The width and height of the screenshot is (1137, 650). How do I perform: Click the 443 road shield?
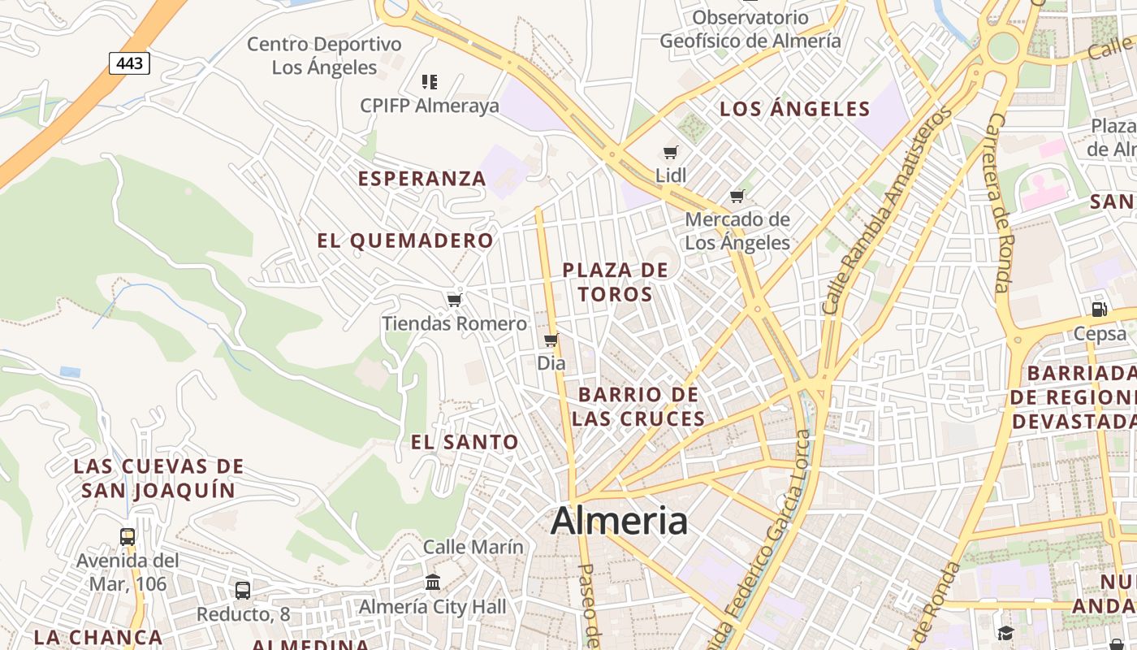(x=129, y=63)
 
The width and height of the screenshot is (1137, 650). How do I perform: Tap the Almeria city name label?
(x=619, y=521)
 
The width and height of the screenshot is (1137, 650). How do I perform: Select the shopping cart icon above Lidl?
(x=671, y=153)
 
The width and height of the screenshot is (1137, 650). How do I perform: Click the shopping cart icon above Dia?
(x=551, y=340)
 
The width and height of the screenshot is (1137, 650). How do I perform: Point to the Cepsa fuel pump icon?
(x=1100, y=310)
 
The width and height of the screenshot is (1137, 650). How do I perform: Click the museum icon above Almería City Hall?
(x=433, y=583)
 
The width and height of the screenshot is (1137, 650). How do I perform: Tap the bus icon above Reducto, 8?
(x=243, y=591)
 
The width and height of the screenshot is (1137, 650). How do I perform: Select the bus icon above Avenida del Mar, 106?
(x=128, y=537)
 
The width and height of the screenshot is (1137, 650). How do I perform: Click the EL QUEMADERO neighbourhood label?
(x=405, y=240)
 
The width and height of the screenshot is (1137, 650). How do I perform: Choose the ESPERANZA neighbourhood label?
(x=422, y=179)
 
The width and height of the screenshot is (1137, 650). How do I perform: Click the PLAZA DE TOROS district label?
(x=616, y=282)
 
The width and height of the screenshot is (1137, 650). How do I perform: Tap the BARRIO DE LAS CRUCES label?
(x=638, y=406)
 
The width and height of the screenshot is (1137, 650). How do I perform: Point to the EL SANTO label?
(x=465, y=442)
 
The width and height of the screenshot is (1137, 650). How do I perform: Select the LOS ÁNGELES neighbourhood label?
(x=795, y=109)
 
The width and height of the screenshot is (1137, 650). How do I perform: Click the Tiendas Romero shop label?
(x=454, y=323)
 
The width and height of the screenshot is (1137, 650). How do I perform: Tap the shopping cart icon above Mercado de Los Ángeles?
(x=737, y=196)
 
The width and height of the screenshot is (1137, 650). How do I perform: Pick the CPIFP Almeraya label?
(x=430, y=106)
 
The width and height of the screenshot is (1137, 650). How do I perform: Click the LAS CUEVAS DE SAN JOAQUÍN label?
(x=158, y=479)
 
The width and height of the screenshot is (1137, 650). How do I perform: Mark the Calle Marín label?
(x=473, y=547)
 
